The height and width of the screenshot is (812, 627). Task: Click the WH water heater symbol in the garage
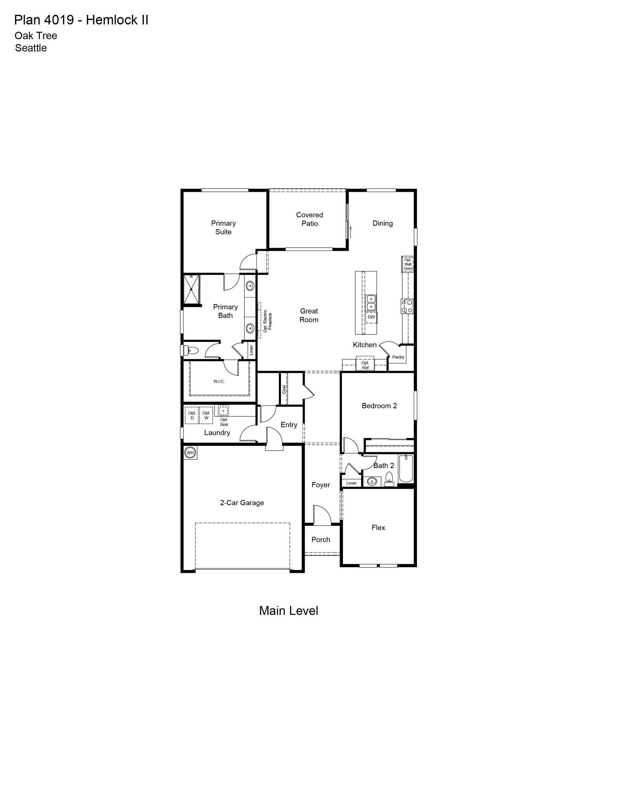pos(190,453)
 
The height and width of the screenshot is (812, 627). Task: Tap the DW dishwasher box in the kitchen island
pos(371,317)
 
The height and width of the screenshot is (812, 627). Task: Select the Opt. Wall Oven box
pos(408,264)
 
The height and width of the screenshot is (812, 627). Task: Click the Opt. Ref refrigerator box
pos(365,363)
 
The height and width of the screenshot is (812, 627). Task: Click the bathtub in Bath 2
pos(406,469)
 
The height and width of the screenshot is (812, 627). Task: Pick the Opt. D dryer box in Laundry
pos(192,415)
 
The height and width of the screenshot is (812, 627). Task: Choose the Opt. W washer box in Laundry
pos(206,415)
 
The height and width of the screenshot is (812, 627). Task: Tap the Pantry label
pos(398,357)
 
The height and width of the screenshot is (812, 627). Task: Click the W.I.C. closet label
pos(219,381)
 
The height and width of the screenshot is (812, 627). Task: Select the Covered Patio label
pos(310,219)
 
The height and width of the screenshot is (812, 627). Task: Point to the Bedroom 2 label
pos(379,406)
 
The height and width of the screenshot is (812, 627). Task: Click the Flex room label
pos(378,527)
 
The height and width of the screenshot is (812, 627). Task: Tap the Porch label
pos(321,539)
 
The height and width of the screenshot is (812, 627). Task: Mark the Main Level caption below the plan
pos(288,610)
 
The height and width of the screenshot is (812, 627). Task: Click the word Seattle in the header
pos(31,48)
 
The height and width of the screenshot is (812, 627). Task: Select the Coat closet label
pos(284,389)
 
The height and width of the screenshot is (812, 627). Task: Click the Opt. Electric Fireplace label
pos(267,321)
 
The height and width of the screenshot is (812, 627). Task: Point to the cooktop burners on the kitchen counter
pos(407,306)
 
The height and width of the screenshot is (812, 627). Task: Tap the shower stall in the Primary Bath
pos(191,290)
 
